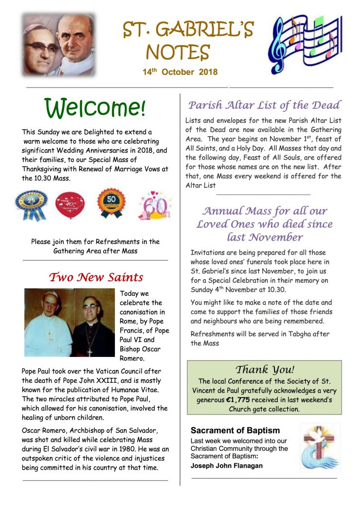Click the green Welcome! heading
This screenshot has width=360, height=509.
point(95,107)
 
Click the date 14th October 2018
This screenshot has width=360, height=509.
point(180,72)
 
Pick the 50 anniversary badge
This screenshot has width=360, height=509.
point(110,203)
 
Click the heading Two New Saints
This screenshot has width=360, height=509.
point(95,277)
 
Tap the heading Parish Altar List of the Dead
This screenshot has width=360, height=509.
point(264,105)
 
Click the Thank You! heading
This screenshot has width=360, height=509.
point(265,369)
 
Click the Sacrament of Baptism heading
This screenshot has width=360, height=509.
point(235,430)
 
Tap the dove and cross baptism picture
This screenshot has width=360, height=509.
point(320,447)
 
